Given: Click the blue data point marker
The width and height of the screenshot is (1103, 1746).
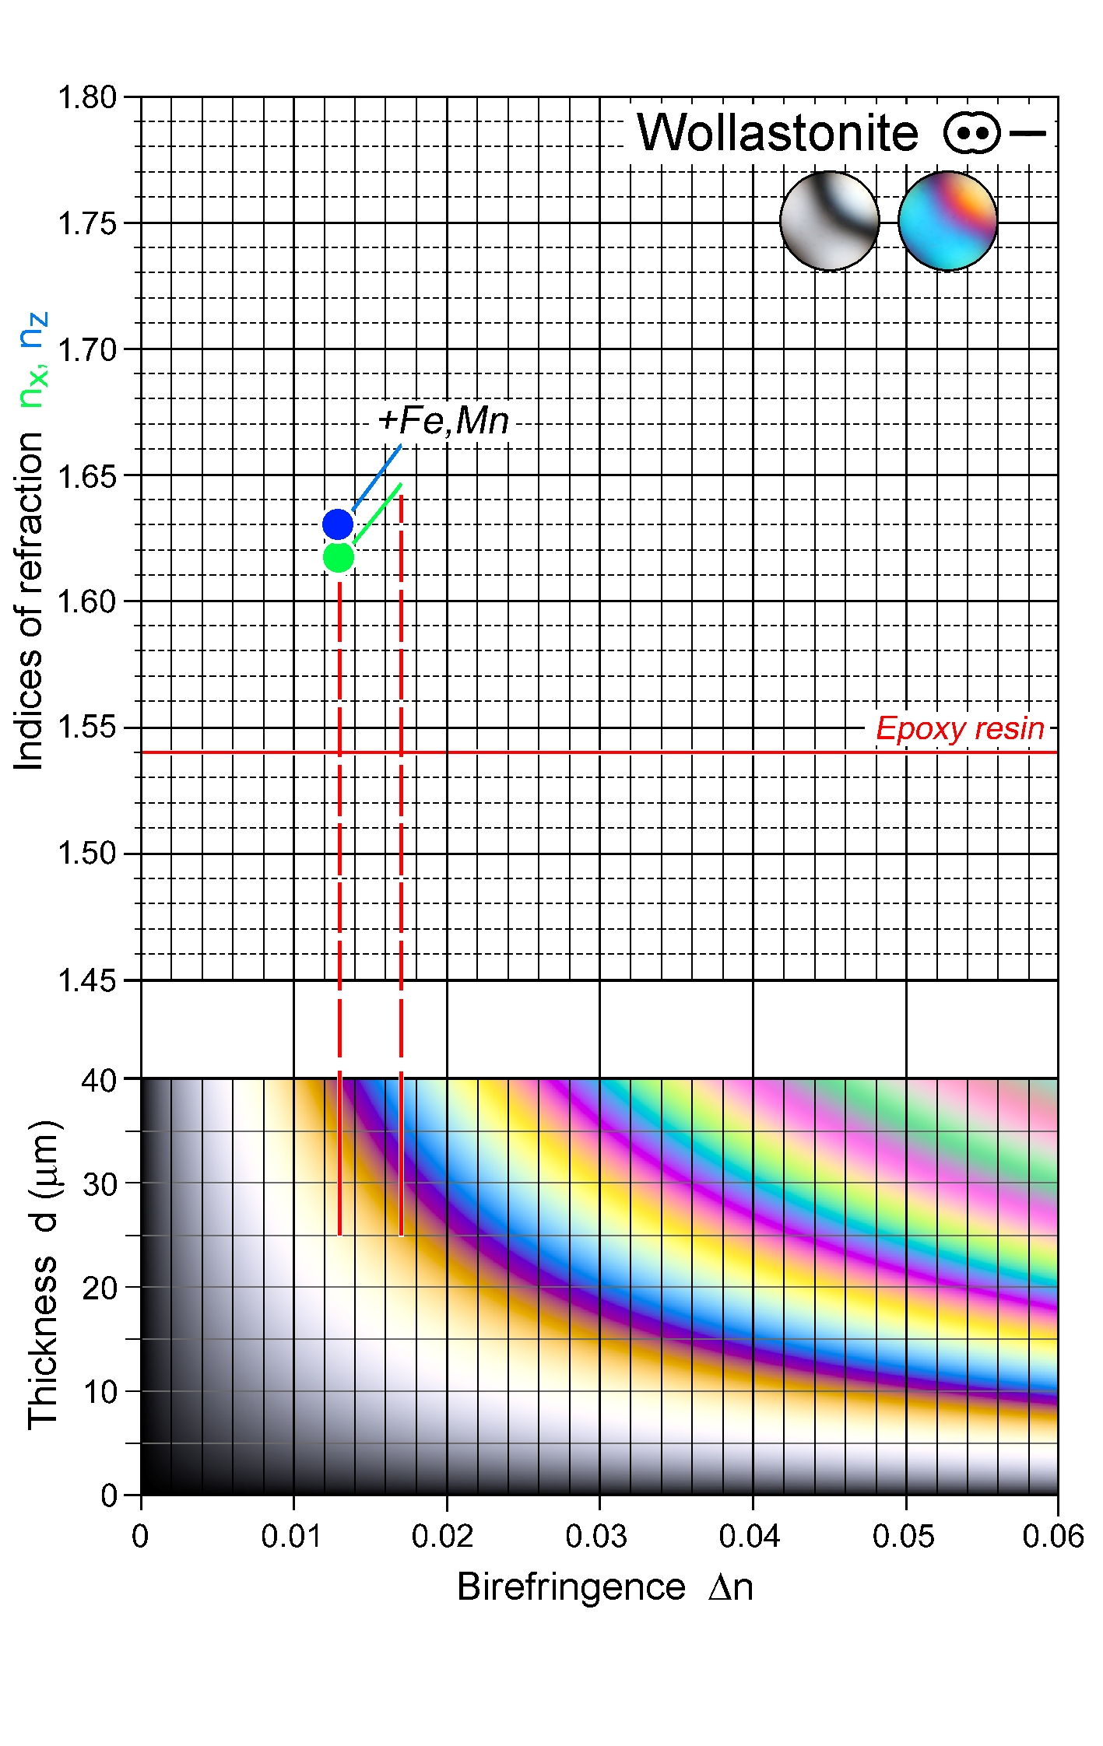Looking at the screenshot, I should coord(338,524).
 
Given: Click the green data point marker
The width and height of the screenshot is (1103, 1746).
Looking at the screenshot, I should coord(339,557).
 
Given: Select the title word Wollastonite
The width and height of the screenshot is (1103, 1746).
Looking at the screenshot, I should coord(778,133).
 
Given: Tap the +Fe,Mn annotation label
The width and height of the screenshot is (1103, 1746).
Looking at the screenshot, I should coord(443,421).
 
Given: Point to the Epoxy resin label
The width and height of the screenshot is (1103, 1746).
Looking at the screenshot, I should coord(960,728).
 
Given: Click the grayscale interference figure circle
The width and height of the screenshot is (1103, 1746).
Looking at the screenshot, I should coord(830,221).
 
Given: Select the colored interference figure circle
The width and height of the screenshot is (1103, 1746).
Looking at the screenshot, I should coord(947,221).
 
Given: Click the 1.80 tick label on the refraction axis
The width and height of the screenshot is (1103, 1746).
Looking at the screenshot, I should coord(87,98).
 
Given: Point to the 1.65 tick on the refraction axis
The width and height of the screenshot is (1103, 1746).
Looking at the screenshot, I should coord(87,476).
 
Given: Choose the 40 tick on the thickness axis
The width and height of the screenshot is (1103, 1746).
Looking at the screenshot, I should coord(99,1080).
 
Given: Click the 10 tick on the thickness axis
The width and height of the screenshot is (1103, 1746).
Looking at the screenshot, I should coord(99,1392).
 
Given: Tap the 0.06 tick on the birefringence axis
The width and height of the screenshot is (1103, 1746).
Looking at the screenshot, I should coord(1053,1536).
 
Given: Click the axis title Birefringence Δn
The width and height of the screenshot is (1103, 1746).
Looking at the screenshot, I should coord(605,1586).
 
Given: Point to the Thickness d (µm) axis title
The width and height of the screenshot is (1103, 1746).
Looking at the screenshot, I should coord(44,1274).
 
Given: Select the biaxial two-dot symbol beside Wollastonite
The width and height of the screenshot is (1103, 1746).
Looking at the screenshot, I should coord(972,133).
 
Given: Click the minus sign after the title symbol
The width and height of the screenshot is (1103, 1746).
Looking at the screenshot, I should coord(1027,133).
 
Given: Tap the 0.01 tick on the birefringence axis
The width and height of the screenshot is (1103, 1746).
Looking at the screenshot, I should coord(291,1536).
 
